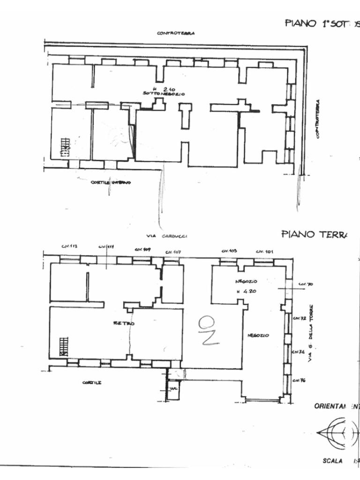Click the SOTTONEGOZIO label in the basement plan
click(x=164, y=94)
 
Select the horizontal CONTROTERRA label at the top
click(x=176, y=33)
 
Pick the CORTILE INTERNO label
click(x=111, y=182)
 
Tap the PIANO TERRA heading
click(x=314, y=234)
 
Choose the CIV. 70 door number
click(x=302, y=284)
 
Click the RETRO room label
click(x=124, y=323)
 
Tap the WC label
click(x=173, y=389)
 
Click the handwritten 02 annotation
click(x=208, y=330)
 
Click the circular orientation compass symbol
click(x=341, y=432)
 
